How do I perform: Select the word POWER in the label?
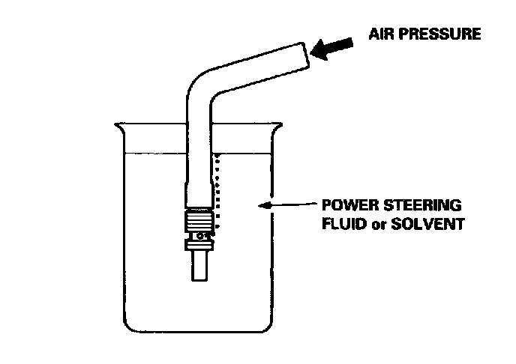click(343, 204)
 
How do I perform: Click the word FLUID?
click(339, 223)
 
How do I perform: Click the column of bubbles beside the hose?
click(218, 191)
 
